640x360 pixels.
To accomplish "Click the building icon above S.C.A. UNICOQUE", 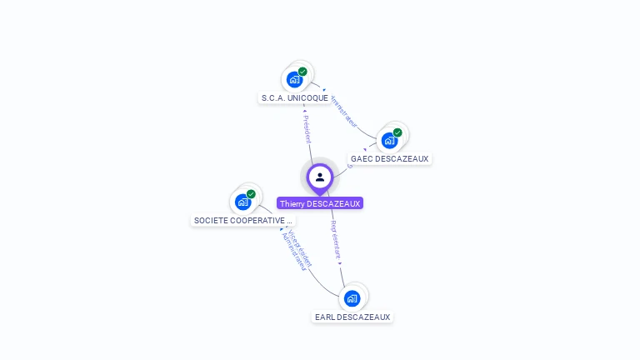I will click(294, 80).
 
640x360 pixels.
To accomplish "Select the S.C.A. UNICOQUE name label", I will click(294, 98).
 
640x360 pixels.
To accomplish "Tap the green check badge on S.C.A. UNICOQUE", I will click(302, 72).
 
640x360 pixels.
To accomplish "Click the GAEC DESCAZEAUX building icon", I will click(389, 141).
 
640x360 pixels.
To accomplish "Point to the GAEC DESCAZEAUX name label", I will click(389, 158).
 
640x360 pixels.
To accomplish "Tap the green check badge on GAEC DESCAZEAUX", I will click(397, 132).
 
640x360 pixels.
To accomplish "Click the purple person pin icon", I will click(320, 177).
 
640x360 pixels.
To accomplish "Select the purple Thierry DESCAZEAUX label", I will click(320, 203).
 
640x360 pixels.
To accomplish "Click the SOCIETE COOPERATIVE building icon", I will click(242, 202).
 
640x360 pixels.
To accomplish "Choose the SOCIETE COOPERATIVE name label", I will click(242, 221).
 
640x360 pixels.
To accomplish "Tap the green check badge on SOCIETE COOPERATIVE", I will click(251, 194).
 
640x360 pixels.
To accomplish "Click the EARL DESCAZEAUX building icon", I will click(352, 298).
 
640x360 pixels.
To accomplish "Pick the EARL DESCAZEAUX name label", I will click(352, 317).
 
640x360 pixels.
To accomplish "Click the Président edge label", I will click(307, 129).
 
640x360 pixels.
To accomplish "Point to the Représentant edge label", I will click(335, 239).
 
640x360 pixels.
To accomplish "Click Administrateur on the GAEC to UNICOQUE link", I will click(343, 112).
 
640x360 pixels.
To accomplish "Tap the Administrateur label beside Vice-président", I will click(292, 253).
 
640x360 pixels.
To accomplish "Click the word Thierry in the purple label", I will click(292, 203).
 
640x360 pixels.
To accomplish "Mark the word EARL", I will click(324, 317).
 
